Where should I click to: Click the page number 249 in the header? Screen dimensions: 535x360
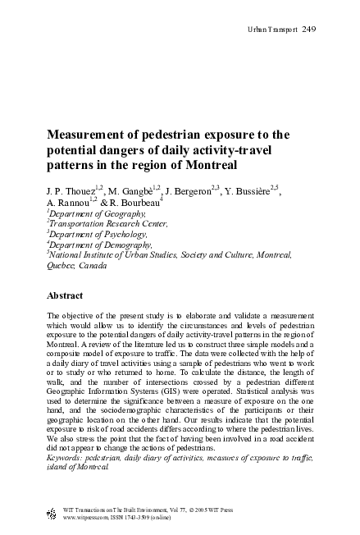309,30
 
